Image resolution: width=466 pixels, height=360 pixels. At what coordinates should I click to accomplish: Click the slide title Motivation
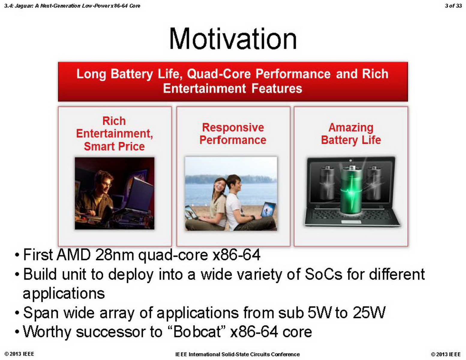233,39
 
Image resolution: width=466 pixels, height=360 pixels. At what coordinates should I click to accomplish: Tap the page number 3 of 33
453,6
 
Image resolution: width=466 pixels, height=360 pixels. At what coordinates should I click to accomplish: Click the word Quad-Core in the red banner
219,74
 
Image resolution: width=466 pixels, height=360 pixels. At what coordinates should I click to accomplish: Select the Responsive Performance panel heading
233,133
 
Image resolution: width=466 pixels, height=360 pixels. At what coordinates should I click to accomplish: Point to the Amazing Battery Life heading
351,133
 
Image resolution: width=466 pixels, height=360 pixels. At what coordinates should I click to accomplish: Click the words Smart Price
114,146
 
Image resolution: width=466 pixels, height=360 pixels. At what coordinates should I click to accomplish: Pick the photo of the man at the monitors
115,193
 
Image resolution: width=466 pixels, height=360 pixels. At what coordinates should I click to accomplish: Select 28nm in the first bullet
115,254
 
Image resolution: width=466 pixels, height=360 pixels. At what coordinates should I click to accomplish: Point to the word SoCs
323,274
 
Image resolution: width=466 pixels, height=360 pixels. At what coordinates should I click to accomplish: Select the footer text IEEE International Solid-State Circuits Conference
237,354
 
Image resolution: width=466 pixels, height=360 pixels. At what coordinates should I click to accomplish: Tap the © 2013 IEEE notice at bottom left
19,354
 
